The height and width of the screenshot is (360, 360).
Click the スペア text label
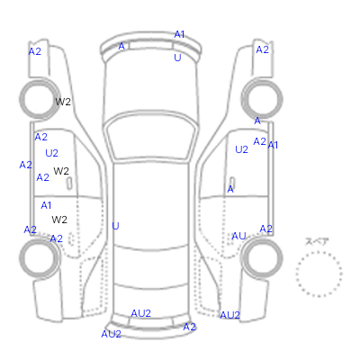pos(317,241)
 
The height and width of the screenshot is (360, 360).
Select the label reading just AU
pos(238,237)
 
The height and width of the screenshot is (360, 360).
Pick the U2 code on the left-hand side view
pos(51,153)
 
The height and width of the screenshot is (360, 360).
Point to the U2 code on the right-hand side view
pos(241,149)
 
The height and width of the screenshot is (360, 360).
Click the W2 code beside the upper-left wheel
pos(63,102)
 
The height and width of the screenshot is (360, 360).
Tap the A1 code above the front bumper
pos(179,34)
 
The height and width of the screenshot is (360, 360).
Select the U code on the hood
pos(177,58)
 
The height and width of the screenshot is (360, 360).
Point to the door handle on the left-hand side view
pos(69,184)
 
